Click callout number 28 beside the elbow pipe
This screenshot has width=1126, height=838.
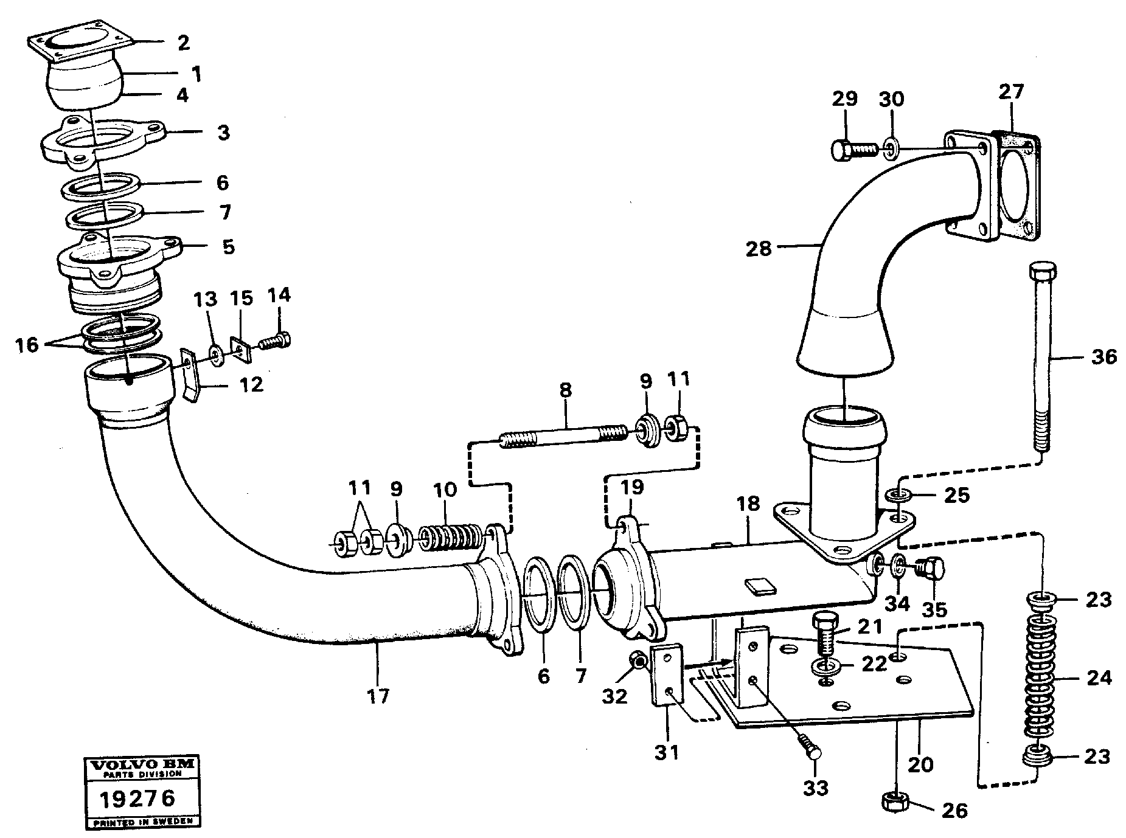pyautogui.click(x=759, y=248)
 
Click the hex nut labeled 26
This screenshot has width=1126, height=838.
pyautogui.click(x=894, y=803)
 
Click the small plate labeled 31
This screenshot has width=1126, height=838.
pyautogui.click(x=668, y=675)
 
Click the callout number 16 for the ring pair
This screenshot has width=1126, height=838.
pyautogui.click(x=27, y=345)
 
